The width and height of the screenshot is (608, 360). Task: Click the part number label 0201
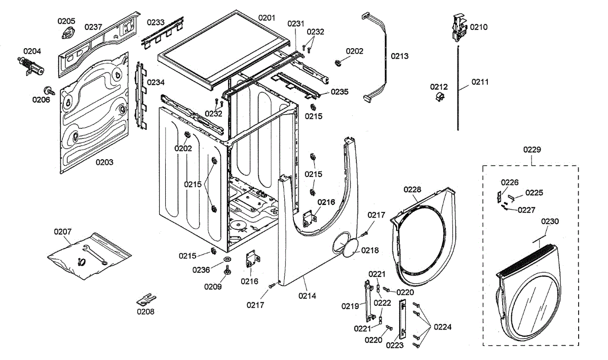(x=267, y=18)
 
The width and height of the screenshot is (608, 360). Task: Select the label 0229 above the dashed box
(x=531, y=150)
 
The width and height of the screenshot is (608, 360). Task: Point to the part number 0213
(x=400, y=56)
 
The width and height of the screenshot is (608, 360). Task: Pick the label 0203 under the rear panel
(x=104, y=162)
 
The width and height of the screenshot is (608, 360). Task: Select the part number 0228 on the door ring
(x=412, y=190)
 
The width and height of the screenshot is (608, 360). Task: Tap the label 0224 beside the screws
(x=443, y=327)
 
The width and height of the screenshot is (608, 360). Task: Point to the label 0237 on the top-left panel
(x=93, y=27)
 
